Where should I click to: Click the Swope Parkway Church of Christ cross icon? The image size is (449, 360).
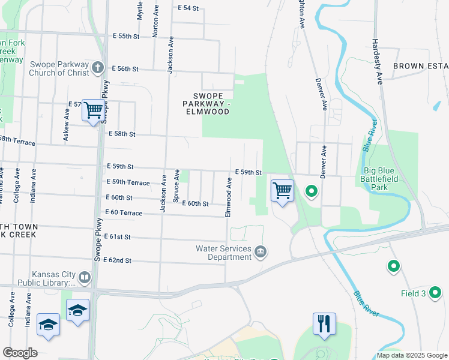[98, 68]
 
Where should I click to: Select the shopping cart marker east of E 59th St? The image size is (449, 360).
[282, 191]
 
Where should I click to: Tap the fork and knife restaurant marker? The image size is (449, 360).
[323, 324]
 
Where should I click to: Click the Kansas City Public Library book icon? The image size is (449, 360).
[85, 277]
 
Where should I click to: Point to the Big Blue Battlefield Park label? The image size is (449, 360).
[384, 179]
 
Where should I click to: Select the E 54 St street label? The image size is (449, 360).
[188, 8]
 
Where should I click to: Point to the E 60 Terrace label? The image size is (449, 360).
[124, 213]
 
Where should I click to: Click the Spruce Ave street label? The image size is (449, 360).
[176, 185]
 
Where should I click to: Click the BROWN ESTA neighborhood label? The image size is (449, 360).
[420, 65]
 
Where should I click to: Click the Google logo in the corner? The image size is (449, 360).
[20, 353]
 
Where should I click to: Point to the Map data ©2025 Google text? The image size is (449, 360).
[412, 355]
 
